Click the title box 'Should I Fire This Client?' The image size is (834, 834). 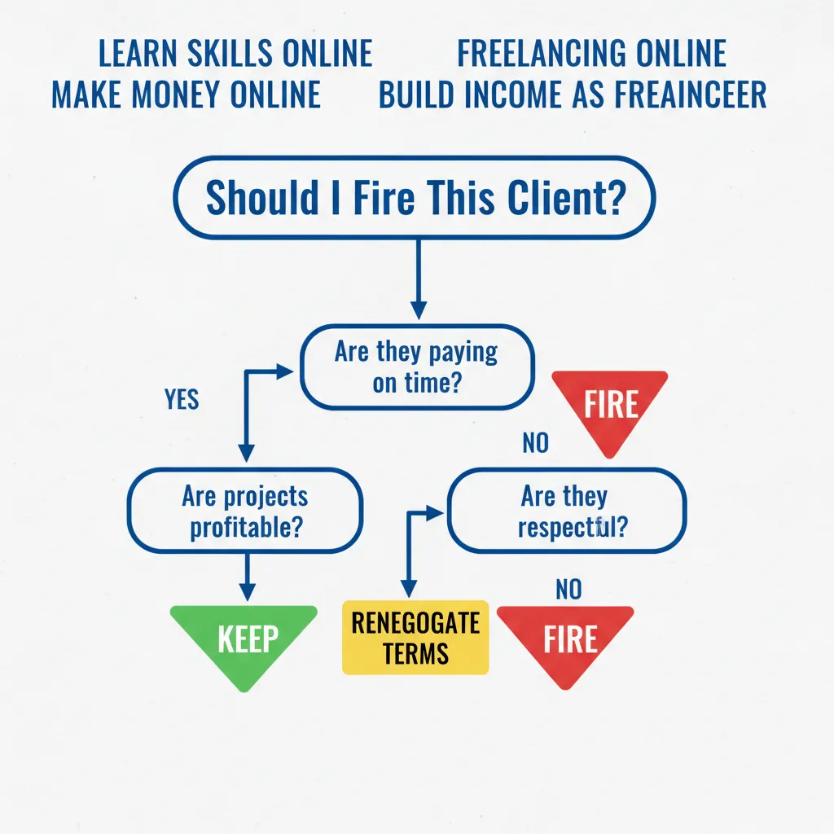415,198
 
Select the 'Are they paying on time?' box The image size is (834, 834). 416,367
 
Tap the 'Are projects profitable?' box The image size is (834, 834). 245,511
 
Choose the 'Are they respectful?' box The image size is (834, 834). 567,511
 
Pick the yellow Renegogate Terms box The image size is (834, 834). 415,638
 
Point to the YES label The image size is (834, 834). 182,400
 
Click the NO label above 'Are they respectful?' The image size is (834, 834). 535,444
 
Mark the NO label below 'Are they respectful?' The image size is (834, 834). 568,589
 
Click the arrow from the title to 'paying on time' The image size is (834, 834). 418,277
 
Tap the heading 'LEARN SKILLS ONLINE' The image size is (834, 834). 235,54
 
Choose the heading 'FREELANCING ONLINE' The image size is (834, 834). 591,54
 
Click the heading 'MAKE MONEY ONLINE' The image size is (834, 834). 186,94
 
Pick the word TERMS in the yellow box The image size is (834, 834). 415,653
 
